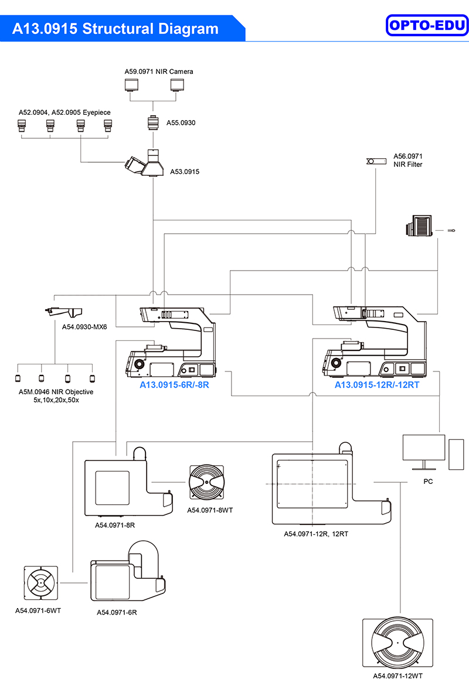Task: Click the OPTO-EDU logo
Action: click(x=427, y=25)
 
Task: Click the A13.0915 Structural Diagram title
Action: click(x=115, y=29)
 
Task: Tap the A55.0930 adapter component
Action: click(x=152, y=124)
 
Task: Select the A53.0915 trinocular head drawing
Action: click(x=146, y=163)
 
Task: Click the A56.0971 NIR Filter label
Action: click(x=407, y=161)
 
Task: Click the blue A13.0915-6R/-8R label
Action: click(x=174, y=385)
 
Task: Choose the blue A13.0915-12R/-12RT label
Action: click(x=377, y=385)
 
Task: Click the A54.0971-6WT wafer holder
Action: click(x=41, y=583)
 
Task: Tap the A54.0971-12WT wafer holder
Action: click(x=398, y=642)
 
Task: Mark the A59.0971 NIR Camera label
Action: click(x=158, y=71)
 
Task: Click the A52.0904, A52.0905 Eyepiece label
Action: click(x=64, y=112)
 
